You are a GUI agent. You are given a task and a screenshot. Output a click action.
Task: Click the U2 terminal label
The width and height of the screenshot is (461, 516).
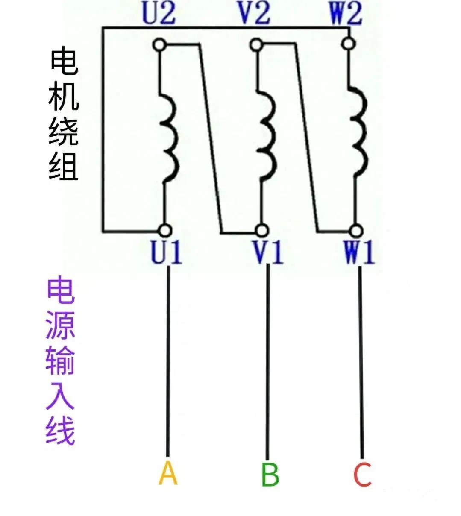tap(159, 14)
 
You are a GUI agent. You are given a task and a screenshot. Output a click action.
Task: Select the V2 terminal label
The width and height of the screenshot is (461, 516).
tap(254, 14)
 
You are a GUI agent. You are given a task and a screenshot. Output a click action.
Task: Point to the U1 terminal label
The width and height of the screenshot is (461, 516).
tap(166, 253)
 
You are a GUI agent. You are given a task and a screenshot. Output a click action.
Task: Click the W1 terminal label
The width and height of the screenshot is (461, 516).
tap(359, 253)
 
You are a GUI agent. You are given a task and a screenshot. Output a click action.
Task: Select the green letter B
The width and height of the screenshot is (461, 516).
tap(270, 474)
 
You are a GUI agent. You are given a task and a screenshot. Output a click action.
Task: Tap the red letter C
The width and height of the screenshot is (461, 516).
tap(362, 474)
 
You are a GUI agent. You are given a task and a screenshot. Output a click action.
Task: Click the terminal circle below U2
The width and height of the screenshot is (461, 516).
tap(160, 44)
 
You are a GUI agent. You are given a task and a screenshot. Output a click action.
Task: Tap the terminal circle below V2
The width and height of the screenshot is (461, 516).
tap(255, 44)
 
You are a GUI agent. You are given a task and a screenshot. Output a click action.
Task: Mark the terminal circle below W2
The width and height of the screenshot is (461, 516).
tap(349, 43)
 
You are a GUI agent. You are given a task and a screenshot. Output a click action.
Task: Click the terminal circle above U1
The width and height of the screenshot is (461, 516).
tap(164, 231)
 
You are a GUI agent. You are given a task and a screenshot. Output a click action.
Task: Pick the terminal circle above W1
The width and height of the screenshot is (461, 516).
tap(355, 231)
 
